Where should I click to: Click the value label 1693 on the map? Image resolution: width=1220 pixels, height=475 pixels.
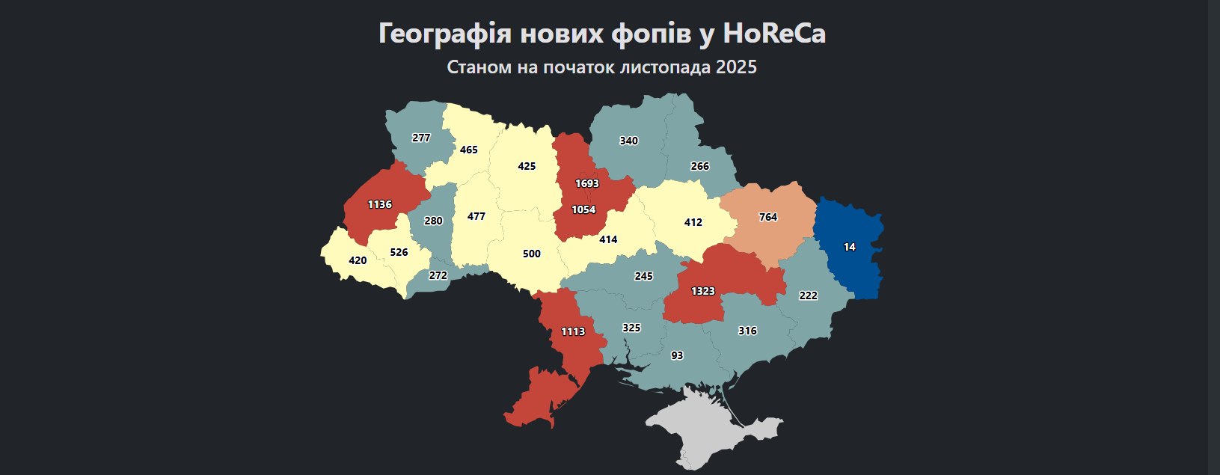pos(587,183)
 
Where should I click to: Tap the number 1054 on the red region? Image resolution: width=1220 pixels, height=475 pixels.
pos(583,209)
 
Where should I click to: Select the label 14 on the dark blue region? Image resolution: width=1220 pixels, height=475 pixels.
pos(849,247)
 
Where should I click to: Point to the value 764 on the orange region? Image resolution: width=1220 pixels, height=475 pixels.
pos(768,217)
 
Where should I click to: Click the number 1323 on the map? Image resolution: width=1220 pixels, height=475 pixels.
pos(702,291)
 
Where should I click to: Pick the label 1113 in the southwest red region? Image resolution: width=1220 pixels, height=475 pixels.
pos(573,331)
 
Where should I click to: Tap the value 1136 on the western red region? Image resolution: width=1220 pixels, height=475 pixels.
pos(379,204)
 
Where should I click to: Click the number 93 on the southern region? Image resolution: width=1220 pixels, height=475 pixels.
pos(677,355)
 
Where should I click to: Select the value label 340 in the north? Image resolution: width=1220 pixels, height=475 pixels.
pos(628,141)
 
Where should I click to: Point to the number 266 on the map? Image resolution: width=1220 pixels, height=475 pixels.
pos(699,166)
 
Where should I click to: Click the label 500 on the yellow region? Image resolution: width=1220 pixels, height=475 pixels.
pos(531,254)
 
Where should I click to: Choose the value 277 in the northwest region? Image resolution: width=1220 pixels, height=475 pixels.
pos(421,138)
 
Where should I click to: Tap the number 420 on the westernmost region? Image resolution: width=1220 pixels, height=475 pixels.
pos(358,260)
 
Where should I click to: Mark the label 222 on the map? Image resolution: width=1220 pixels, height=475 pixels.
pos(808,295)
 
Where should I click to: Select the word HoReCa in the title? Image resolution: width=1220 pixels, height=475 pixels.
pos(773,34)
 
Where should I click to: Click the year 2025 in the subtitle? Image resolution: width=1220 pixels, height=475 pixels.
pos(736,67)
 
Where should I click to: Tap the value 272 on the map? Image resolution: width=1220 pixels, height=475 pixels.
pos(438,275)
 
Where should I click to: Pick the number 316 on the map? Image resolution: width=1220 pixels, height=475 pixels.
pos(747,331)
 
